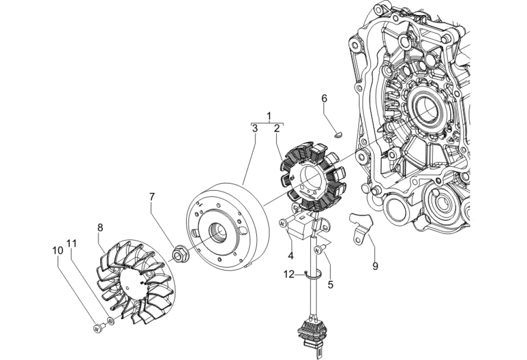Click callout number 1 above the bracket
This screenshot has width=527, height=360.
pos(269,116)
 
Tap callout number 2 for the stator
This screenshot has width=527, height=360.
pos(277,128)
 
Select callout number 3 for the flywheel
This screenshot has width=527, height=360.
pos(255,128)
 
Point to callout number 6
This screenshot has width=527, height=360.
pos(324,98)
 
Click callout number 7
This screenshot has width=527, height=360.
pos(152,196)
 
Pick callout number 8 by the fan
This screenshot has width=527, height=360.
pos(100,227)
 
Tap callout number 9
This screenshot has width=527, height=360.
pos(375,266)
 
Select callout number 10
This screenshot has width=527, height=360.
pos(58,250)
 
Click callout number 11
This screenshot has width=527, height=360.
pos(71,243)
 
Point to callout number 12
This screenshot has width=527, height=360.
pos(289,274)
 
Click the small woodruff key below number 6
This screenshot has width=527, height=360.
pos(339,135)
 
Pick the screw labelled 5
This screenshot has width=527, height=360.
pos(319,249)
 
